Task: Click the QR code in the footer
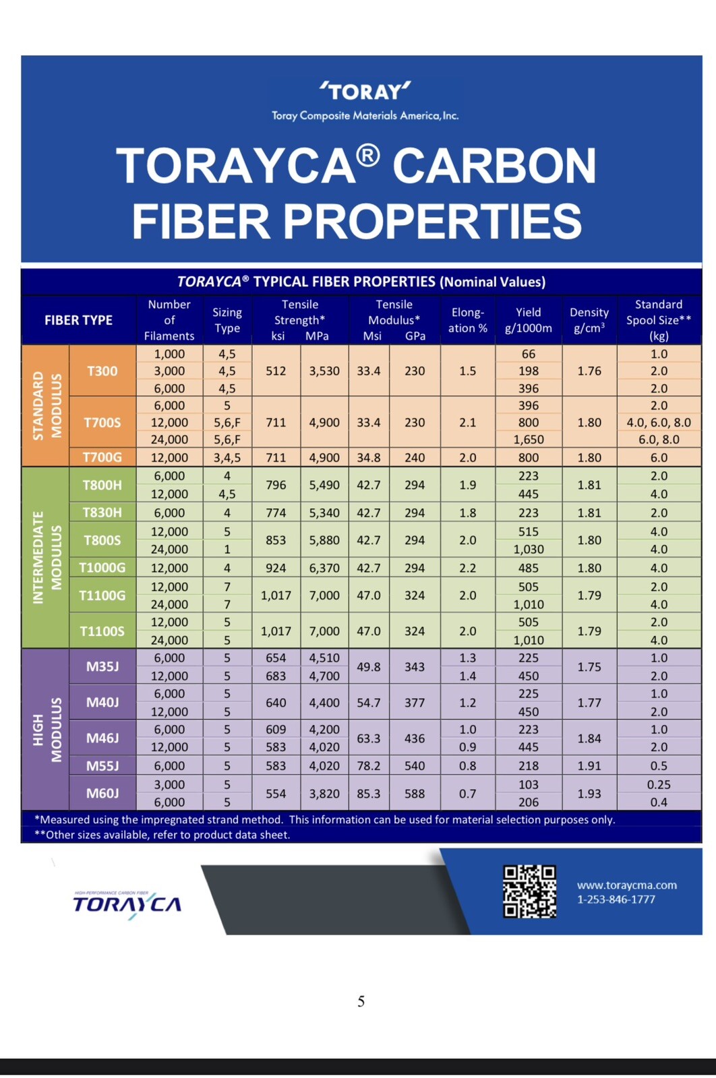530,891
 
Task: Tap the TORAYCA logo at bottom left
127,904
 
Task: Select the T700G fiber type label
102,457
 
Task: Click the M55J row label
102,765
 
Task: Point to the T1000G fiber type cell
102,568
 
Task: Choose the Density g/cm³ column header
589,320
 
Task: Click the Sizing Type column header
227,320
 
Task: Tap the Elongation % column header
467,320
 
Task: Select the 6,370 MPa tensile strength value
324,568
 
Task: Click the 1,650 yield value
528,439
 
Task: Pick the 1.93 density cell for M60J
589,794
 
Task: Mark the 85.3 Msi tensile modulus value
368,794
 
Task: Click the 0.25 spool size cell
659,784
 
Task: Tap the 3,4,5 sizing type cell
227,457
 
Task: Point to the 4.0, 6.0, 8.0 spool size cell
659,422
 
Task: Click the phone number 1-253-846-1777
616,899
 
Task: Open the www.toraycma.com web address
627,885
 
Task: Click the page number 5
361,1002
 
